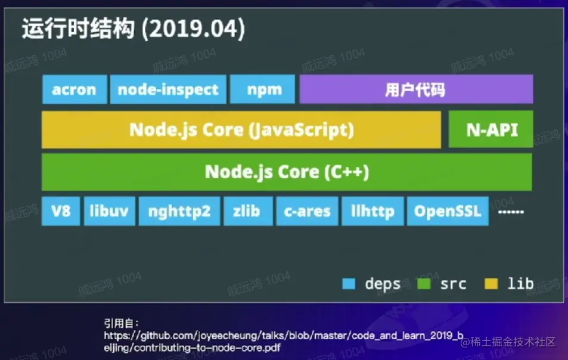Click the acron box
coord(75,89)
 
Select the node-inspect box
coord(169,89)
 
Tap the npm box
coord(263,89)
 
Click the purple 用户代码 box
coord(416,89)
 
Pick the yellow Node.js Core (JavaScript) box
coord(241,130)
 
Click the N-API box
coord(491,129)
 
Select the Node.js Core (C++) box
coord(287,172)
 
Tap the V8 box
coord(61,211)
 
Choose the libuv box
coord(110,211)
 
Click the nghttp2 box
coord(179,211)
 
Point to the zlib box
coord(248,211)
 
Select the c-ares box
coord(307,211)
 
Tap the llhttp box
coord(373,211)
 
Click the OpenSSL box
coord(448,211)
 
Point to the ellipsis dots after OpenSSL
coord(511,212)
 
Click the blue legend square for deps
coord(349,284)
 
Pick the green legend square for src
coord(424,284)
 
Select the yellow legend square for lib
coord(491,284)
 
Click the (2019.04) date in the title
coord(193,29)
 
